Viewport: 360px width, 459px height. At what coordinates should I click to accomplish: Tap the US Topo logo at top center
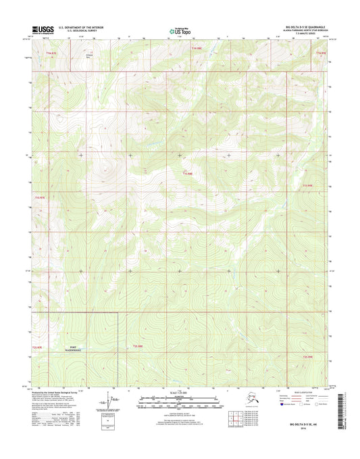[180, 30]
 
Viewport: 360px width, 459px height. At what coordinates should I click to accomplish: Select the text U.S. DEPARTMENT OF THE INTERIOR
[81, 28]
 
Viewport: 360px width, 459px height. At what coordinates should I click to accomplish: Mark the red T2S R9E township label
[308, 356]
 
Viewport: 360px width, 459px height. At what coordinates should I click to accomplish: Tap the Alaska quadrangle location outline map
[249, 406]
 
